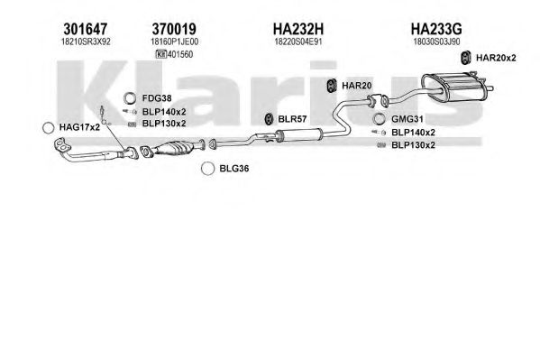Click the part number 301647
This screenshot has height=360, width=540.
(x=86, y=29)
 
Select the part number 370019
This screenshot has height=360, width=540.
(x=174, y=29)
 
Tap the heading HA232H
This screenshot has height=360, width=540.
(x=298, y=29)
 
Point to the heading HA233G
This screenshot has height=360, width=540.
(x=436, y=29)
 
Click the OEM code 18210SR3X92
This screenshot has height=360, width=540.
(x=86, y=42)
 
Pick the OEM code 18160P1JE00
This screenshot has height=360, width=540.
(x=174, y=42)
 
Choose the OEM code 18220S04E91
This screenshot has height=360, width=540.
(x=298, y=42)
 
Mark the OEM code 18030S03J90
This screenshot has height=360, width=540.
(x=436, y=42)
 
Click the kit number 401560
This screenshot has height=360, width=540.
(x=180, y=54)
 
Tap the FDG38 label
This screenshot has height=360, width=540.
(x=157, y=98)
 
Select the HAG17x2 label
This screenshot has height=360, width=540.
(x=79, y=127)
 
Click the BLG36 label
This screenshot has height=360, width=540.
(x=234, y=169)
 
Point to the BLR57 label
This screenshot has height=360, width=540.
(x=292, y=119)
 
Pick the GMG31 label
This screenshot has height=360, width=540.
(x=407, y=119)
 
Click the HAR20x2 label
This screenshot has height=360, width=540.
(x=496, y=58)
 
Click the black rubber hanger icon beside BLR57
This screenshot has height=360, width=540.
(x=269, y=119)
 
